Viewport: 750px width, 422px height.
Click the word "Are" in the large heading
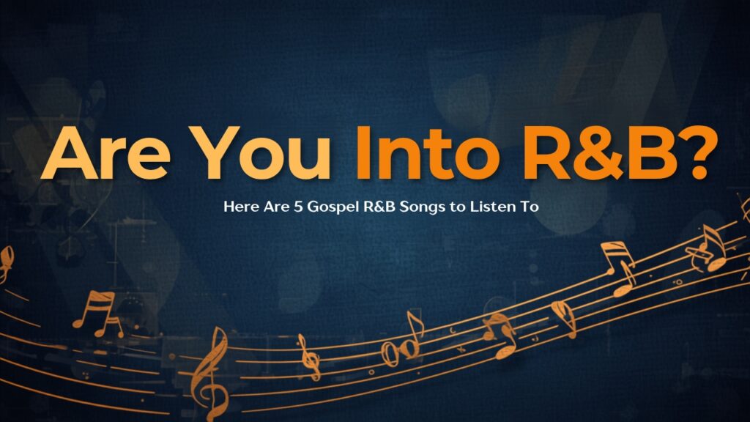click(105, 152)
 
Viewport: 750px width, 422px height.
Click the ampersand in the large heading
click(603, 152)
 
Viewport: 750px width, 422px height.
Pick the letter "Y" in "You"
click(214, 152)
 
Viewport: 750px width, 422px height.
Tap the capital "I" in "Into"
click(363, 152)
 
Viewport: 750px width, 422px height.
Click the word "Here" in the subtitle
click(242, 207)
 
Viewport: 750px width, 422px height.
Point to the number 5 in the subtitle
click(299, 207)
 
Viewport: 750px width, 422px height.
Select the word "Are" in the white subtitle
click(277, 207)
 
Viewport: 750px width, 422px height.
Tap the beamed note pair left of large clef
click(99, 314)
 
